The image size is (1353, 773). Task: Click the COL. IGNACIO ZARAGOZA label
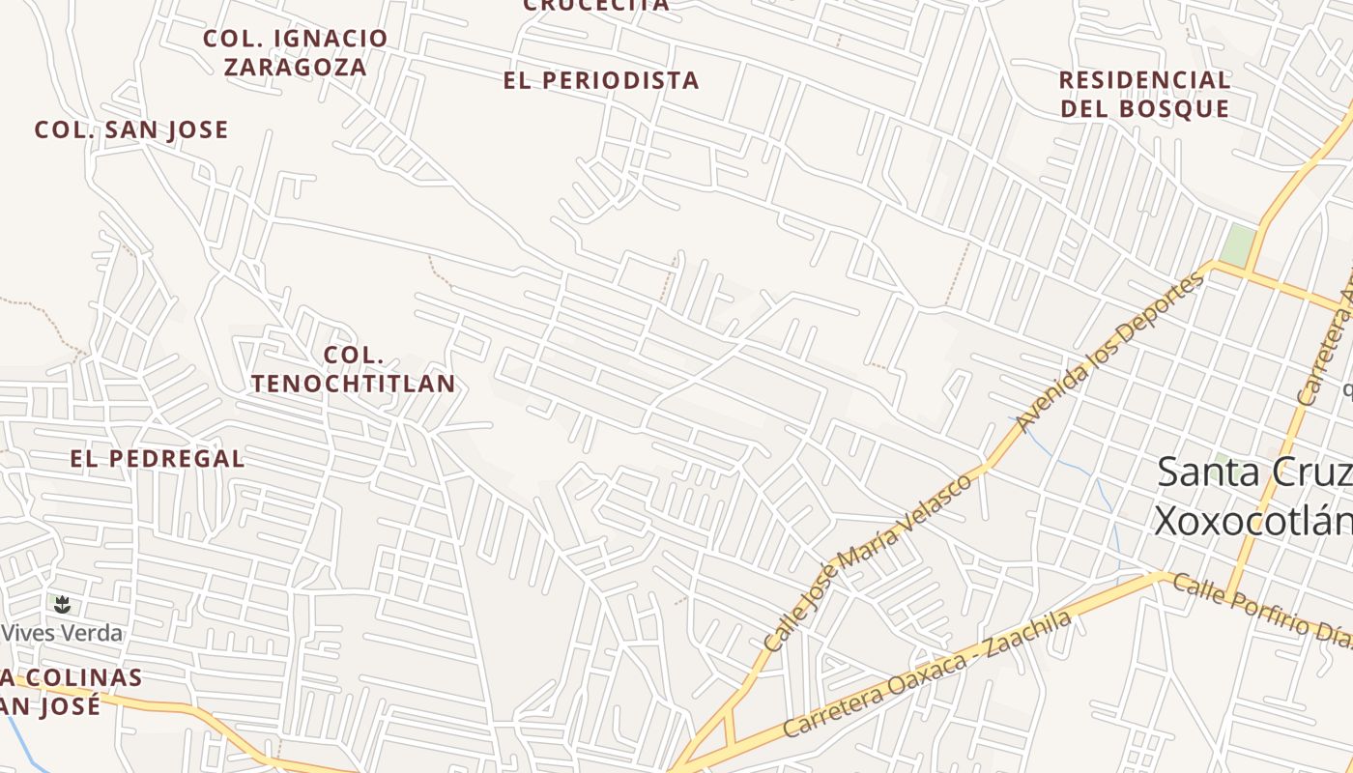(295, 52)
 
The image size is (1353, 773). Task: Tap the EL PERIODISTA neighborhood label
(601, 80)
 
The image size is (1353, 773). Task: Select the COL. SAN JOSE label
(131, 129)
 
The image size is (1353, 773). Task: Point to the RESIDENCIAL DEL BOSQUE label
(1144, 94)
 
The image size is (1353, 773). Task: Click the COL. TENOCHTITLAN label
(354, 369)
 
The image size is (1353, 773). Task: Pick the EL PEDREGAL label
(158, 458)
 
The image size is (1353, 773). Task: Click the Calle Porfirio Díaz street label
(1262, 607)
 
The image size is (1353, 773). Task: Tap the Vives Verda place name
(63, 633)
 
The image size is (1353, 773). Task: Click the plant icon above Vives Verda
(63, 605)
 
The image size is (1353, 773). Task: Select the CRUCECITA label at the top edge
(596, 5)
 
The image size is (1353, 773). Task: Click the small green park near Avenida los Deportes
(1237, 244)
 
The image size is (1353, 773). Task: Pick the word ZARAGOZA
(296, 67)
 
